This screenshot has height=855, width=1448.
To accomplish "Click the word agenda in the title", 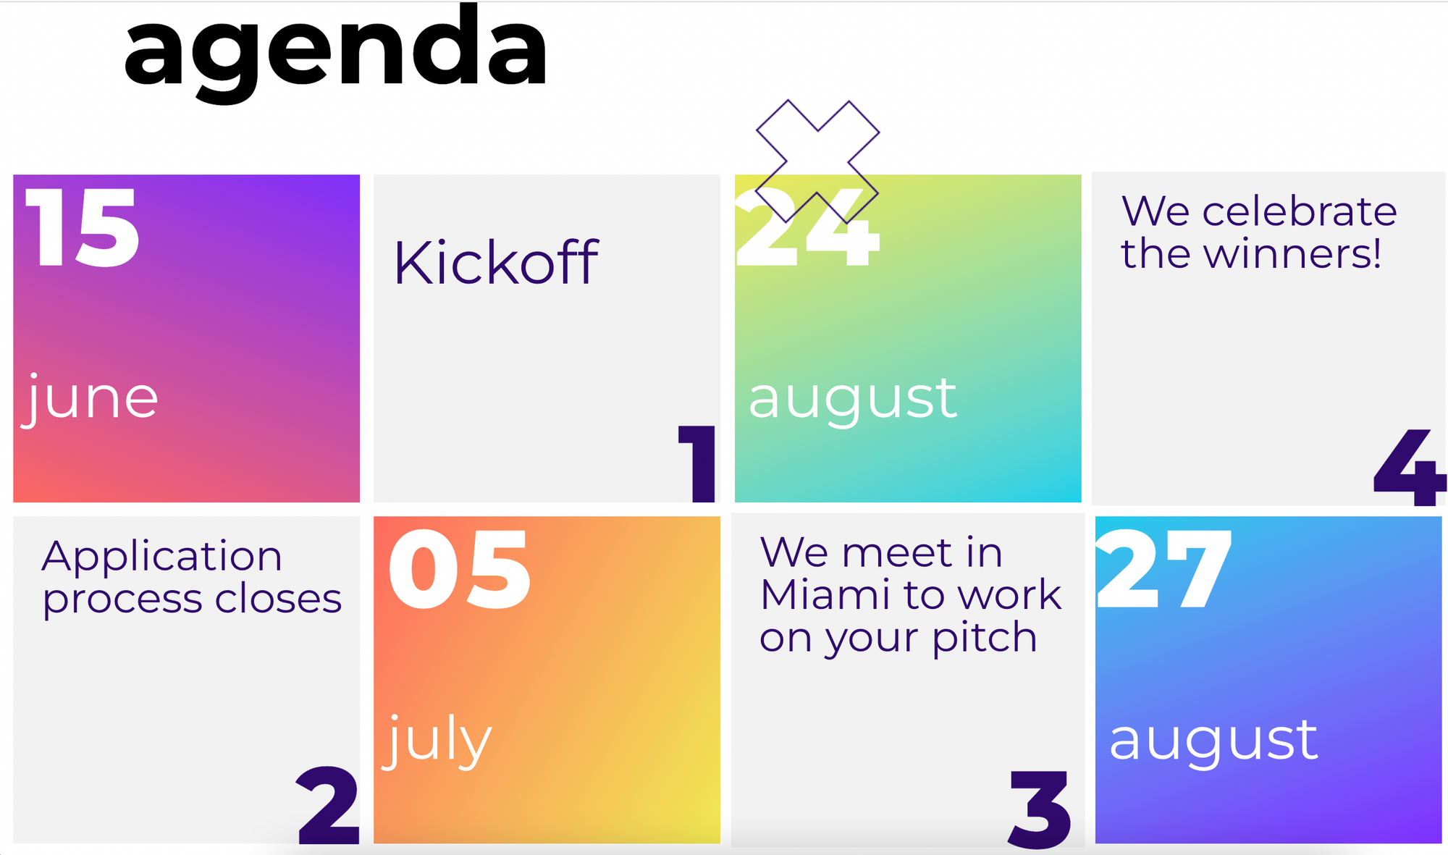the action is pyautogui.click(x=335, y=54).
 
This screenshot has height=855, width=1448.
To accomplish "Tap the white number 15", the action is pyautogui.click(x=82, y=227).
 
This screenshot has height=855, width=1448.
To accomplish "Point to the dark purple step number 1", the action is pyautogui.click(x=697, y=463).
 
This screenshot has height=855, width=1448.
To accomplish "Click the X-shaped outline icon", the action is pyautogui.click(x=817, y=161).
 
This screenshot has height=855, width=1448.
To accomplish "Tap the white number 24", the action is pyautogui.click(x=807, y=227).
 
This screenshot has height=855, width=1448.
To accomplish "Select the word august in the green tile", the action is pyautogui.click(x=853, y=400).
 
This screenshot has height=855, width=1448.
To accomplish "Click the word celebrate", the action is pyautogui.click(x=1300, y=211).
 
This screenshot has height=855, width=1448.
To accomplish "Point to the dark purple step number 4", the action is pyautogui.click(x=1410, y=467).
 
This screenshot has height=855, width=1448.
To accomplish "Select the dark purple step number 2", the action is pyautogui.click(x=328, y=806).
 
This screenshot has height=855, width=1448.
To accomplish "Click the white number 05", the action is pyautogui.click(x=460, y=569).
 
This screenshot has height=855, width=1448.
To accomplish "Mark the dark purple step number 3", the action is pyautogui.click(x=1040, y=809).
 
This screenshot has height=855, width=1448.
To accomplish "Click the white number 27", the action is pyautogui.click(x=1164, y=569).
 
